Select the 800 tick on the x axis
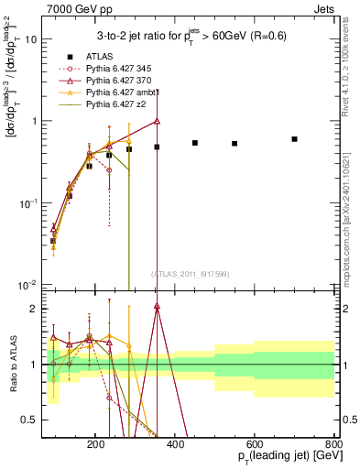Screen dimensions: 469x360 click(x=334, y=444)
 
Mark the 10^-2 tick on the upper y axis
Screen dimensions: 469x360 click(x=29, y=285)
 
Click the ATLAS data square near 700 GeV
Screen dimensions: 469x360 click(x=294, y=139)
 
